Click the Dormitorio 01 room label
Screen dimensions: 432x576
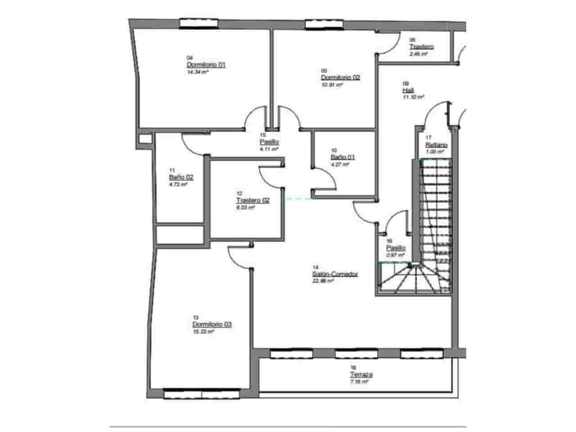coord(206,65)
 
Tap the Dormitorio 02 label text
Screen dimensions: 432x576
coord(340,77)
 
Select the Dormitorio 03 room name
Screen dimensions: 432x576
coord(212,324)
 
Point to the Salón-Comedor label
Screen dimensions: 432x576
coord(335,274)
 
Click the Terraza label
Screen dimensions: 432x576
coord(361,375)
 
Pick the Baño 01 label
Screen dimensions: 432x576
coord(342,157)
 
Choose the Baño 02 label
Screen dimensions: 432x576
coord(181,177)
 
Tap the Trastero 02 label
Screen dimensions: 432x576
coord(252,201)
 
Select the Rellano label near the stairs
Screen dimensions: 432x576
coord(436,145)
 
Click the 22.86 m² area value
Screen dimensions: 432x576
coord(323,281)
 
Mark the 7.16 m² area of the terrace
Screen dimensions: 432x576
coord(359,382)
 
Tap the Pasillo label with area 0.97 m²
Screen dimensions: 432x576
coord(396,248)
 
